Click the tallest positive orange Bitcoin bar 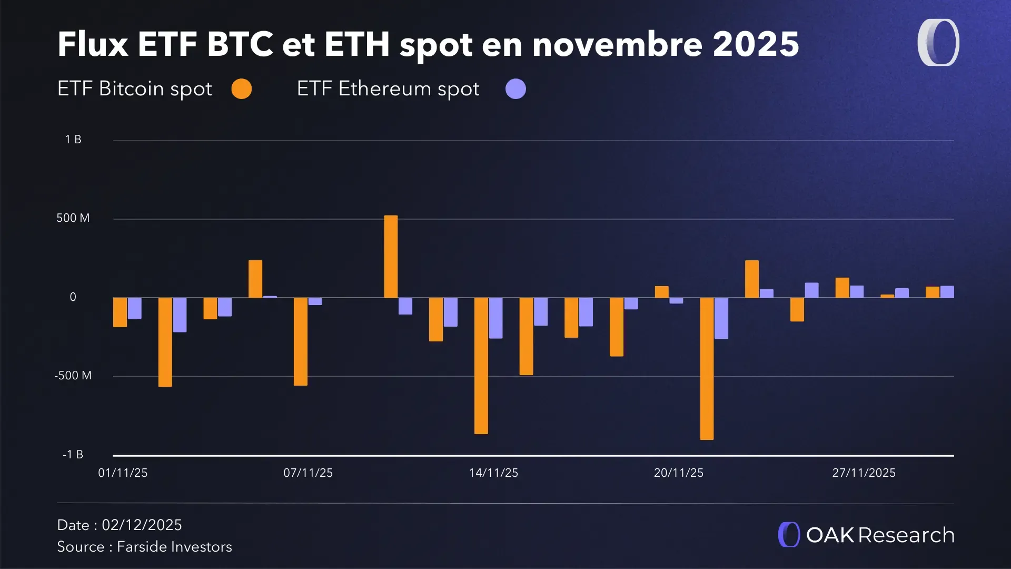[391, 257]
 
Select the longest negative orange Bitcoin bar [707, 368]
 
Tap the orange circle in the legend [242, 89]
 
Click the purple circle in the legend [516, 89]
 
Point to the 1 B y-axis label [73, 140]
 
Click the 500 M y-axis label [73, 218]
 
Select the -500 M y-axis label [73, 376]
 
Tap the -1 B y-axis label [73, 455]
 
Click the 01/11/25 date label [123, 473]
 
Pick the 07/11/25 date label [308, 473]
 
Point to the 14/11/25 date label [493, 473]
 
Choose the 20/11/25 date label [679, 473]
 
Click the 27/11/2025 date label [864, 473]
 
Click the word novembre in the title [618, 44]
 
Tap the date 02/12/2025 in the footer [142, 525]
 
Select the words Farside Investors [174, 547]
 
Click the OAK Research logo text [880, 535]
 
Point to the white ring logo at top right [938, 43]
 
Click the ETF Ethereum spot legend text [388, 89]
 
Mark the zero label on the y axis [73, 297]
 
